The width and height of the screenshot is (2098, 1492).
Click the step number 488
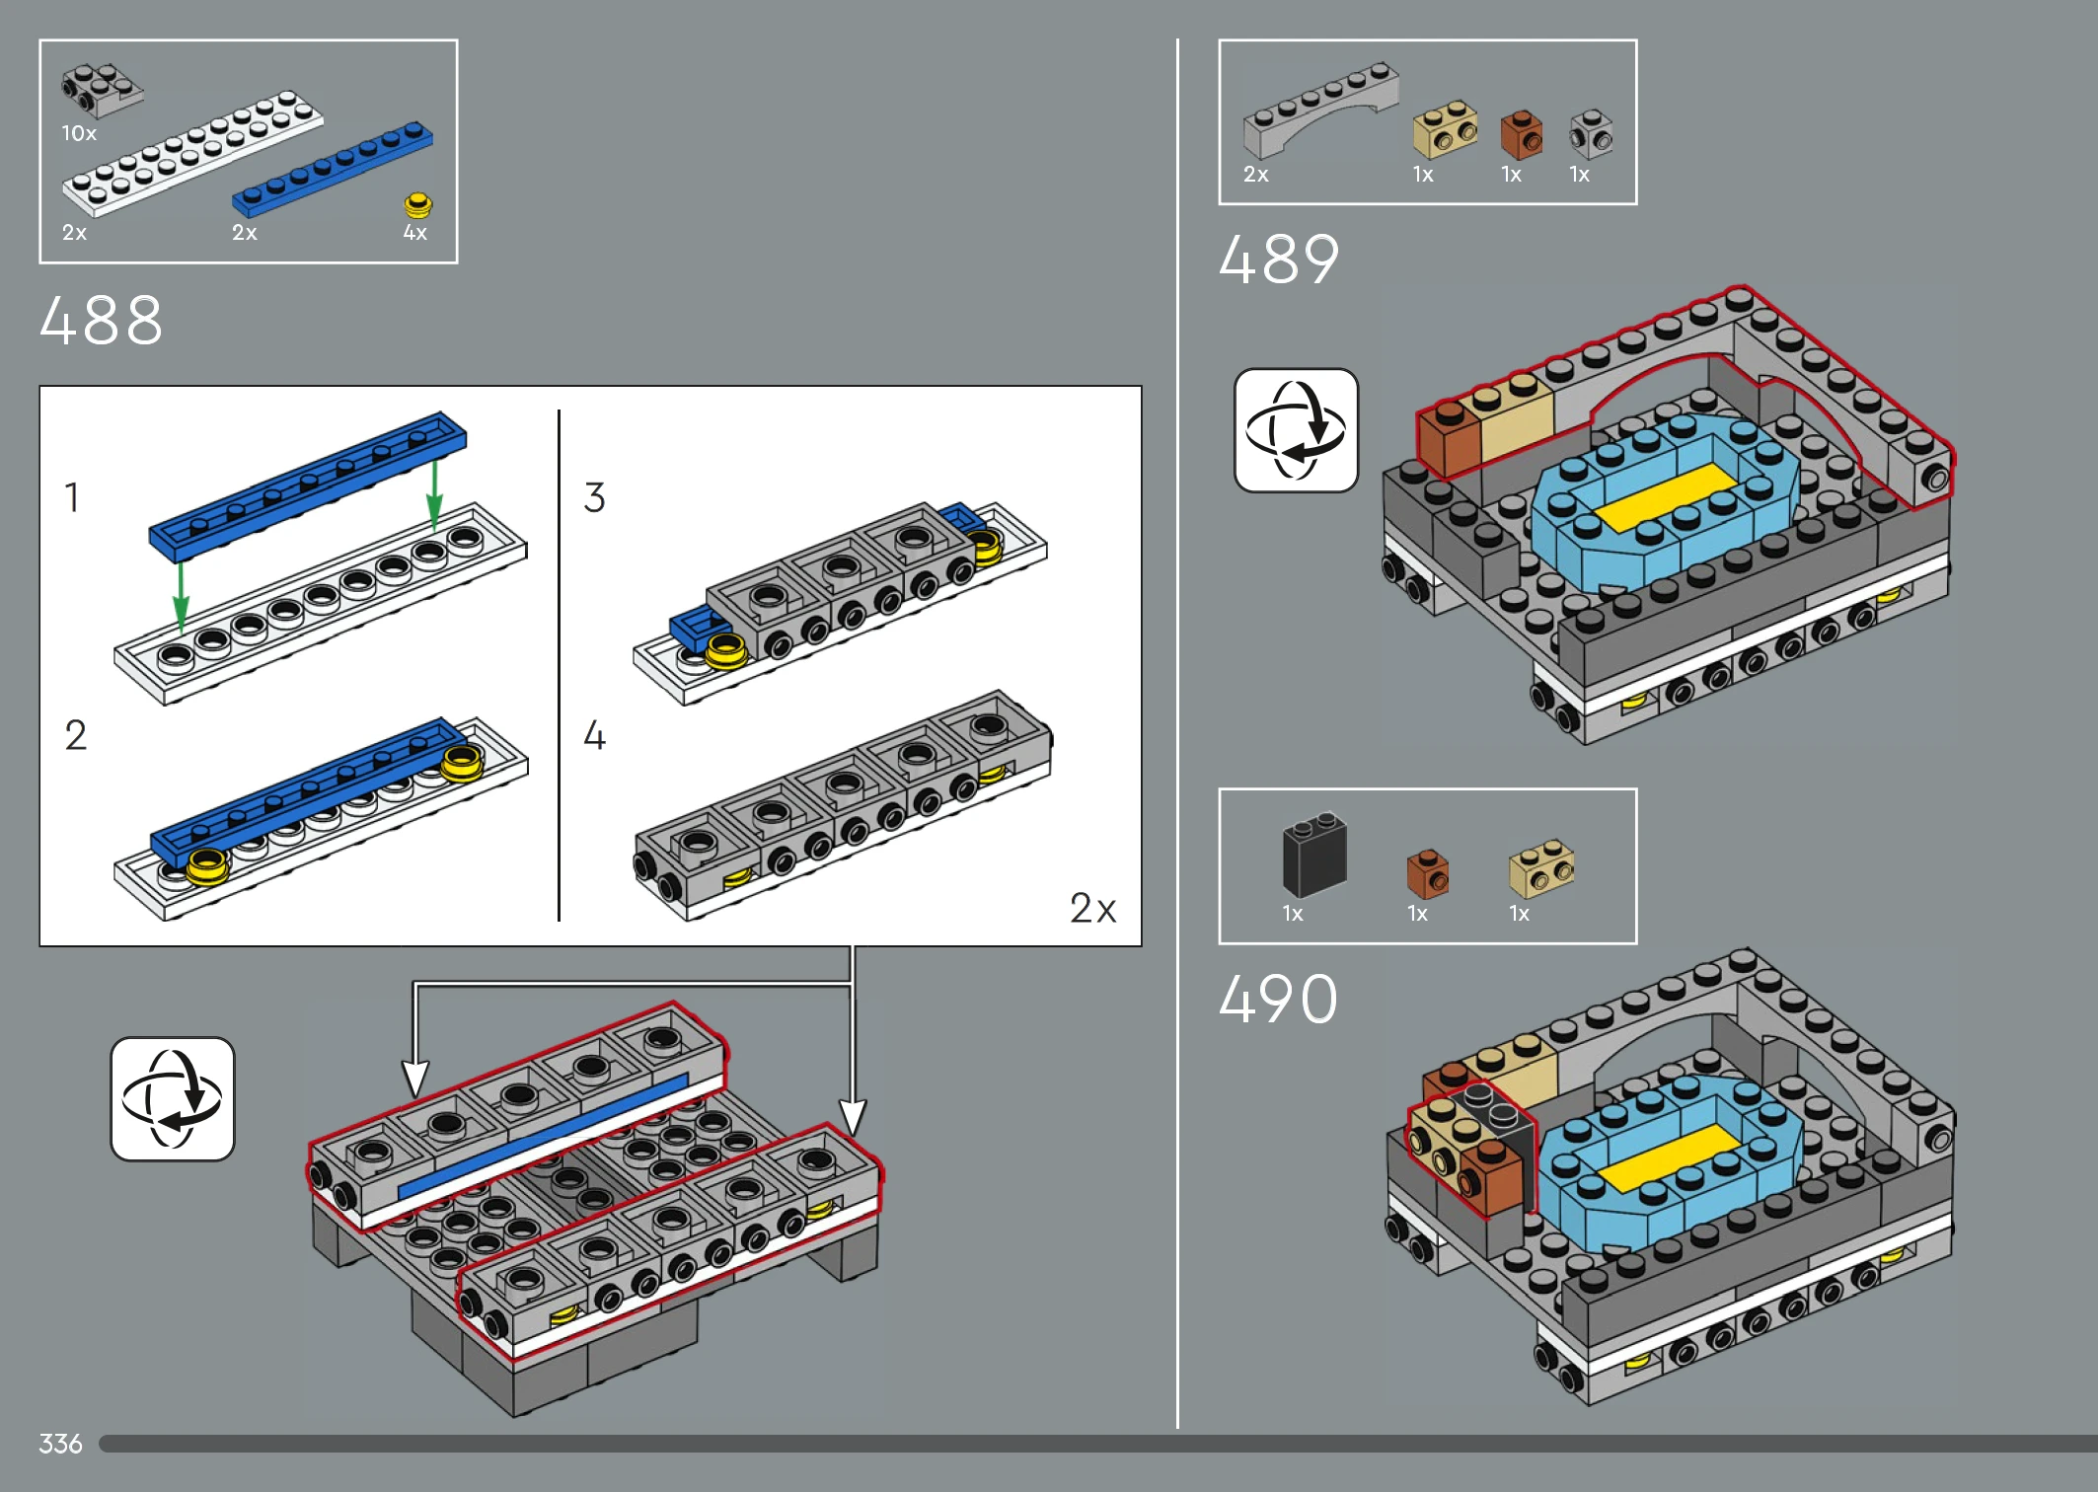pyautogui.click(x=101, y=321)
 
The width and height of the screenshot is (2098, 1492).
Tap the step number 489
pyautogui.click(x=1279, y=260)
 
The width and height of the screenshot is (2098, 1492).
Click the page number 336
pyautogui.click(x=60, y=1444)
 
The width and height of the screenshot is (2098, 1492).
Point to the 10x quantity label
pyautogui.click(x=79, y=133)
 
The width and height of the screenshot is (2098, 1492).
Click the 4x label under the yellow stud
pyautogui.click(x=414, y=233)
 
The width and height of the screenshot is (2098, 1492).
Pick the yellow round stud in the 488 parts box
pyautogui.click(x=417, y=205)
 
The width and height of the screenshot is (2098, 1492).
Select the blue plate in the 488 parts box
pyautogui.click(x=333, y=169)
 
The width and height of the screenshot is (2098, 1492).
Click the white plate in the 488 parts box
pyautogui.click(x=192, y=153)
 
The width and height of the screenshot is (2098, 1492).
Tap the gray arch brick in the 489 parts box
pyautogui.click(x=1320, y=110)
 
